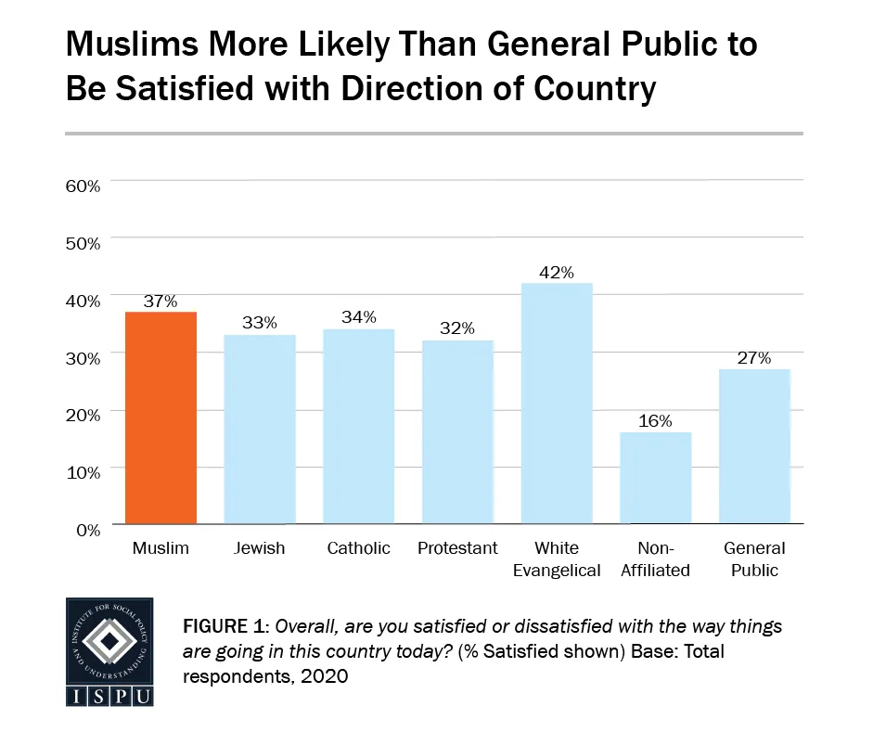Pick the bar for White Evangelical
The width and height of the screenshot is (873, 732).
(557, 404)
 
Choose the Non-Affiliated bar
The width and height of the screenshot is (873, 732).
(656, 478)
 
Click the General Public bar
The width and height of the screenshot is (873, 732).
(755, 446)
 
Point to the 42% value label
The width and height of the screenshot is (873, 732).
(557, 273)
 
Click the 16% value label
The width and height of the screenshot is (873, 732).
(656, 421)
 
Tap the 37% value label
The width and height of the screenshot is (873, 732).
(160, 302)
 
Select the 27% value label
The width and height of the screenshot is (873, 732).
(755, 358)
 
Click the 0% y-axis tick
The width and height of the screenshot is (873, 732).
(88, 531)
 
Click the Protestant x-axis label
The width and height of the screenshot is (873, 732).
(457, 548)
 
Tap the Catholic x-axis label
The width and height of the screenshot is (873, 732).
(359, 548)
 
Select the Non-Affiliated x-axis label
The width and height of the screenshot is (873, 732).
(656, 559)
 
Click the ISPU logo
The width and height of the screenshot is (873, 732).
(110, 652)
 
